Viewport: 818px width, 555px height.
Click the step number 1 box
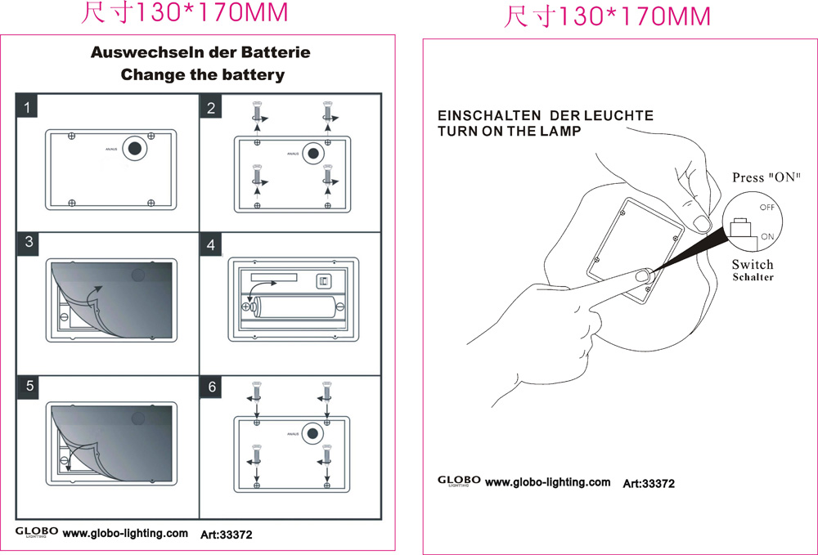click(x=29, y=107)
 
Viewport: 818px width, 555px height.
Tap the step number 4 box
click(x=211, y=244)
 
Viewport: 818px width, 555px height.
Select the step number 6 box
click(x=212, y=387)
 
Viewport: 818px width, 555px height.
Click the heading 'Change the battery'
click(x=202, y=75)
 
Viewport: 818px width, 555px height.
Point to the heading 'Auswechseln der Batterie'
click(x=200, y=52)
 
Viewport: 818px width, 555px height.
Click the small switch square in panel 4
click(x=324, y=281)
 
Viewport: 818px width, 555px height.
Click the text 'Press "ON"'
click(x=766, y=177)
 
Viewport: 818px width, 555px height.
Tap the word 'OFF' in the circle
click(x=767, y=208)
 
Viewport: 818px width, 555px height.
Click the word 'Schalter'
click(x=753, y=277)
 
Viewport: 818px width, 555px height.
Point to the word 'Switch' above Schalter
click(x=753, y=264)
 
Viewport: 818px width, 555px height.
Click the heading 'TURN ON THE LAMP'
click(x=509, y=131)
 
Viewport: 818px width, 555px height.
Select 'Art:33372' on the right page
click(x=649, y=483)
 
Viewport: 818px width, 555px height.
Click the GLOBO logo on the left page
click(x=37, y=532)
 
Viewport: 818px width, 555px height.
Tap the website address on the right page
click(x=547, y=482)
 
